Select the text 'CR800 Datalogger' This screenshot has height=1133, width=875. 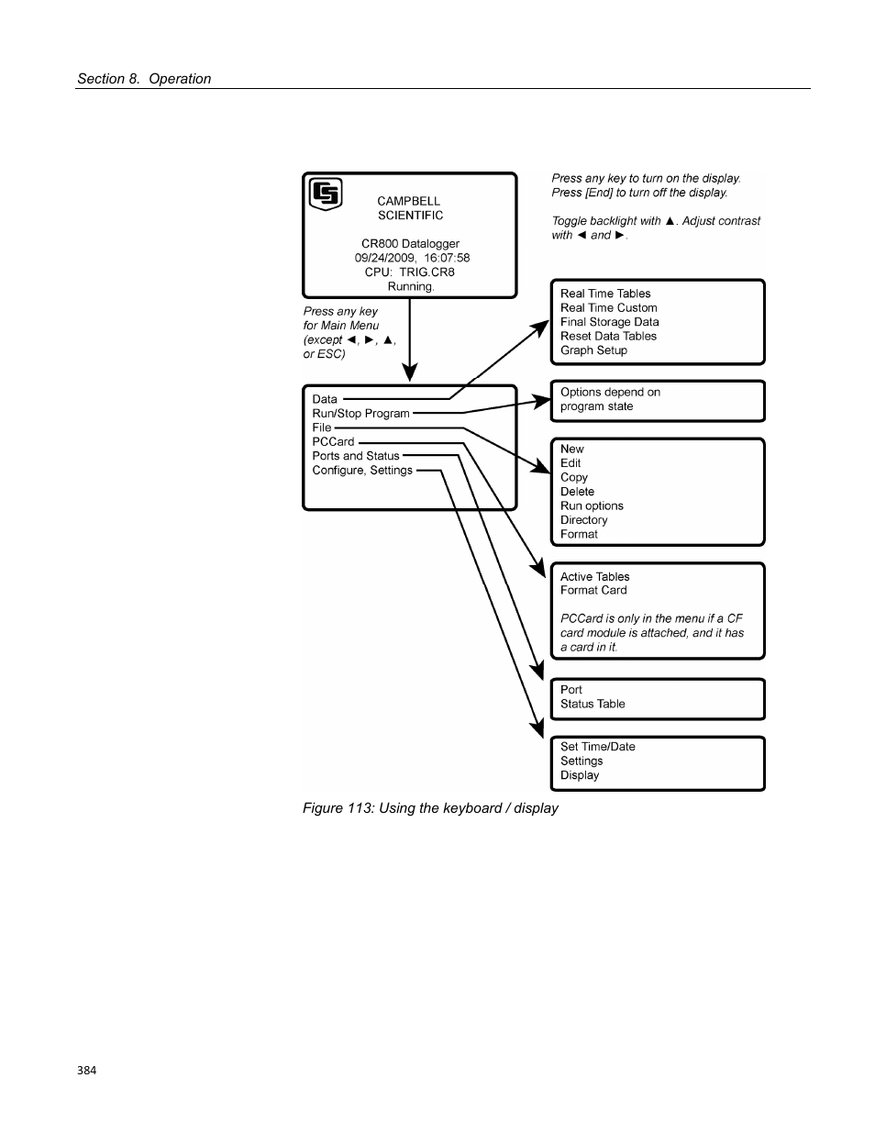coord(410,244)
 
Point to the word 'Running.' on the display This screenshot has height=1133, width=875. coord(410,286)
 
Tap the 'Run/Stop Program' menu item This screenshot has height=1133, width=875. coord(360,414)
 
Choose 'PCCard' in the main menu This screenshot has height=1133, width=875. coord(333,442)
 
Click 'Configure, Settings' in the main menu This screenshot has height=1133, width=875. coord(362,471)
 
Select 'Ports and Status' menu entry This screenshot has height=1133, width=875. coord(356,456)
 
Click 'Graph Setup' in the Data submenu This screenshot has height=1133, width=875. coord(593,350)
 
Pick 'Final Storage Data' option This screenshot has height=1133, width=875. coord(609,322)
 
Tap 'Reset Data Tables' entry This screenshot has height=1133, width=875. coord(608,337)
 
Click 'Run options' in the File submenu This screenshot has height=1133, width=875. coord(592,506)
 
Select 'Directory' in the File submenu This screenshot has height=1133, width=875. coord(583,520)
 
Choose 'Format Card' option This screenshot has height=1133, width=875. coord(593,591)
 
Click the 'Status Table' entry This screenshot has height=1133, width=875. coord(593,705)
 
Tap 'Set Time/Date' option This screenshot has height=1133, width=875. coord(597,747)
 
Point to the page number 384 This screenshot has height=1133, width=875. coord(86,1071)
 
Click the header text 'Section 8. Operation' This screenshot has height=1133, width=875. coord(144,79)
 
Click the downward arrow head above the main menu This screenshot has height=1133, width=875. coord(410,372)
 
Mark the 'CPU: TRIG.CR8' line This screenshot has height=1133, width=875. coord(409,272)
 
